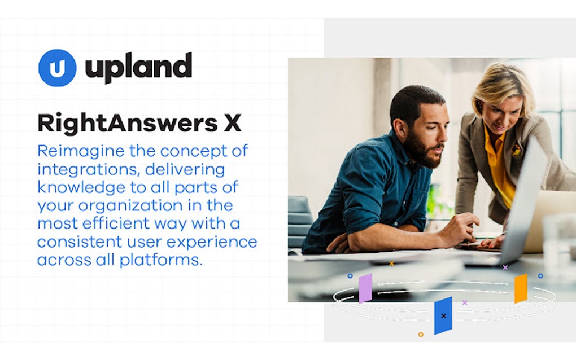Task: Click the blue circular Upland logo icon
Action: point(57,68)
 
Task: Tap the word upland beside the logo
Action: point(138,68)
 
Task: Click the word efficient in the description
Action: point(133,223)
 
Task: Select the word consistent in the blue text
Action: point(78,242)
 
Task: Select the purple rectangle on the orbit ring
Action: point(365,288)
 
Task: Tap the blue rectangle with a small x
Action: point(443,315)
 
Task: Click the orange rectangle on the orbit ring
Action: point(521,288)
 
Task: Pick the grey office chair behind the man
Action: point(300,217)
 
